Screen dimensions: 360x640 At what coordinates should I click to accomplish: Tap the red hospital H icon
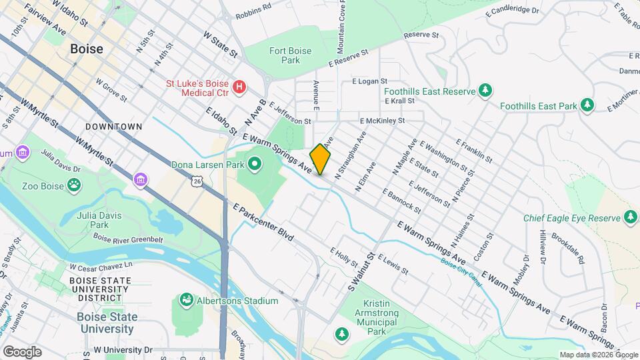239,87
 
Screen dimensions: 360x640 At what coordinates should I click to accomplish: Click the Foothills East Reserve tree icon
486,90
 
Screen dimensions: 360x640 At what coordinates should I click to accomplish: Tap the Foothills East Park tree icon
587,105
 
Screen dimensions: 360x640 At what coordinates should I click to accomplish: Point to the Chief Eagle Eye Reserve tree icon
630,217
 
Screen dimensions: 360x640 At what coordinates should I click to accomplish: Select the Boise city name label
87,49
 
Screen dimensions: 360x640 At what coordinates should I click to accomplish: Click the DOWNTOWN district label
113,126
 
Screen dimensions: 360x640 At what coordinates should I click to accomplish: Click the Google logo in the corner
22,351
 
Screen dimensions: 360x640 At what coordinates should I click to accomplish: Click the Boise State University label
105,323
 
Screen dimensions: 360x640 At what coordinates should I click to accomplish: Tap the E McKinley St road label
383,121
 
